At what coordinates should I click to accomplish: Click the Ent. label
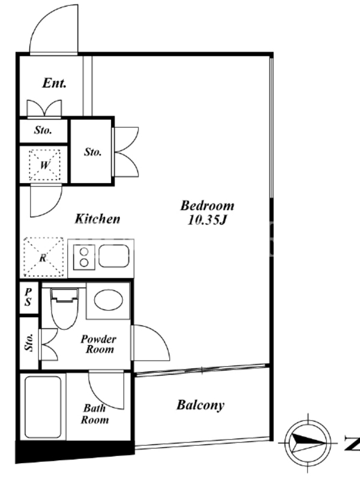coord(54,83)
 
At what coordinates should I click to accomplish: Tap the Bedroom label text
coord(207,205)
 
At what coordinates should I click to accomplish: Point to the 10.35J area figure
coord(206,220)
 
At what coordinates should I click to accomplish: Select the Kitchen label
coord(97,218)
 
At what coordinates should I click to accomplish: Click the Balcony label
coord(200,405)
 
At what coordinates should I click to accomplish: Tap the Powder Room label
coord(98,344)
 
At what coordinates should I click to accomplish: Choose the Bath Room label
coord(95,414)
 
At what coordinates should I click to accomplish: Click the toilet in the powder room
coord(64,308)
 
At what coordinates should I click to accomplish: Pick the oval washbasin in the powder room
coord(109,299)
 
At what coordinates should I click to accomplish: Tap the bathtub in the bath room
coord(43,407)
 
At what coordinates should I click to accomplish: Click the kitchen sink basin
coord(113,256)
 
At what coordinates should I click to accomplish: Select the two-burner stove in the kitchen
coord(84,257)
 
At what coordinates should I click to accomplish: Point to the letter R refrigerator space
coord(43,258)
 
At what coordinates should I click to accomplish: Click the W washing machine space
coord(44,166)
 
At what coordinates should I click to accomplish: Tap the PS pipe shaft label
coord(28,296)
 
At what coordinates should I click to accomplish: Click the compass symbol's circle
coord(308,442)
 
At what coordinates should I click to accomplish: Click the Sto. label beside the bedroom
coord(93,152)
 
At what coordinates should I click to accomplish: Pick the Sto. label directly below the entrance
coord(43,130)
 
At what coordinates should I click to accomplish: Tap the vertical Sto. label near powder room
coord(29,342)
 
